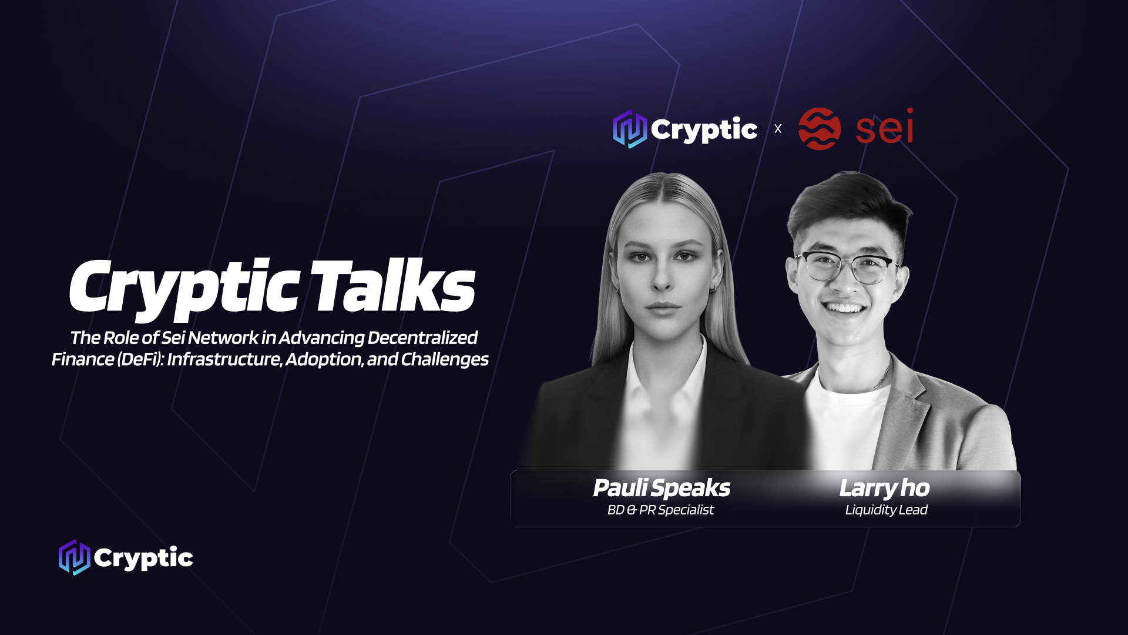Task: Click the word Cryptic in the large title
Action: [x=185, y=290]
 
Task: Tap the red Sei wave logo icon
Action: [x=820, y=129]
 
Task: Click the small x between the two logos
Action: [x=778, y=129]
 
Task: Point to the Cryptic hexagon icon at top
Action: [x=630, y=129]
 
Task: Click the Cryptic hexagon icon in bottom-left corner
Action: [x=75, y=557]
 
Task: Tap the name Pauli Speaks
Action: [x=662, y=488]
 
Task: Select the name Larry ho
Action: [x=884, y=488]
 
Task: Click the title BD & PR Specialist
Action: [x=661, y=510]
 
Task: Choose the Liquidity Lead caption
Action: [x=886, y=510]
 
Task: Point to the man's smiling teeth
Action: [x=844, y=308]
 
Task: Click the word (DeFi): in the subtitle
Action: [x=140, y=359]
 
